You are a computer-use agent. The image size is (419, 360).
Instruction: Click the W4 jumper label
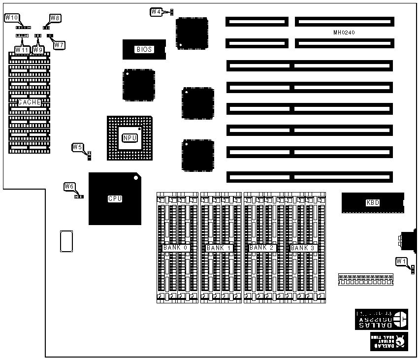pos(156,11)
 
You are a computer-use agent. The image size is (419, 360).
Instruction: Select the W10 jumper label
pos(11,18)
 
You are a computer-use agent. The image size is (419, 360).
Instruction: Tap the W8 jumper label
pos(55,18)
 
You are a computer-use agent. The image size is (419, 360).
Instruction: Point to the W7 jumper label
pos(59,45)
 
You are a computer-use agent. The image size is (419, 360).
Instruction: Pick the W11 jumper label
pos(21,49)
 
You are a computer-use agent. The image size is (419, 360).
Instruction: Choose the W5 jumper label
pos(77,147)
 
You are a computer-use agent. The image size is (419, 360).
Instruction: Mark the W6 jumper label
pos(69,186)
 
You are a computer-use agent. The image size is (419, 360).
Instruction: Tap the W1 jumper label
pos(401,261)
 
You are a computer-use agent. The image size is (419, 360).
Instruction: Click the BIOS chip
pos(144,49)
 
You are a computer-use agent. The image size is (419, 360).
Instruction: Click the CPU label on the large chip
pos(114,199)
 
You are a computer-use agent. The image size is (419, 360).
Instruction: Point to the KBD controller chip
pos(373,202)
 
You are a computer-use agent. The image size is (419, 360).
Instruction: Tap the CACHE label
pos(29,102)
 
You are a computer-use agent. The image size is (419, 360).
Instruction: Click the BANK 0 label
pos(176,248)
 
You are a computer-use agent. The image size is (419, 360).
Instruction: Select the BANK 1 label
pos(219,248)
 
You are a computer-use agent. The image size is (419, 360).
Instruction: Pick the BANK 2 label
pos(261,248)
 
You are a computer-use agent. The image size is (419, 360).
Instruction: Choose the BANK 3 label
pos(302,248)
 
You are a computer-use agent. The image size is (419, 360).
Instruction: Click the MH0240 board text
pos(344,33)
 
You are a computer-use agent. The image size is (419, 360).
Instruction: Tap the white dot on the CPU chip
pos(135,178)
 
